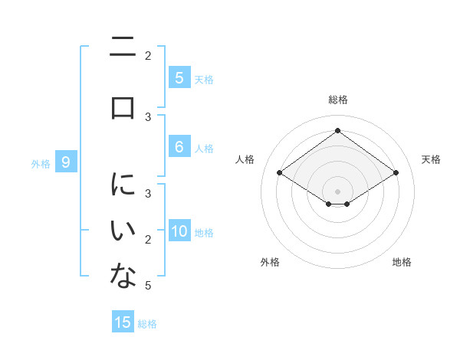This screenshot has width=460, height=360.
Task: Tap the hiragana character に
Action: coord(123,185)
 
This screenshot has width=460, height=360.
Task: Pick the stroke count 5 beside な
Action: coord(147,286)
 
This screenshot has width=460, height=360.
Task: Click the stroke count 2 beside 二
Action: coord(147,55)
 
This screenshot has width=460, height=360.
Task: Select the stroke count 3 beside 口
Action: coord(147,116)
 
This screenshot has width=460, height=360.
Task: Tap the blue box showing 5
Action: coord(179,77)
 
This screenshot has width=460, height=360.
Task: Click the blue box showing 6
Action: coord(179,147)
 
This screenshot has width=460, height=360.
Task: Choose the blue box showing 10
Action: coord(179,231)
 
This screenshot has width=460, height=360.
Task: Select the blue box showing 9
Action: coord(66,162)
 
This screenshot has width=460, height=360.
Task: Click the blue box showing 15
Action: coord(123,322)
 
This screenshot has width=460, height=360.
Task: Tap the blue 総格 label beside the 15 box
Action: coord(147,324)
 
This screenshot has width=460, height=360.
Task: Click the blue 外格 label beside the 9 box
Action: coord(41,163)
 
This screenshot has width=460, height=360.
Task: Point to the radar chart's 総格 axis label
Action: coord(337,100)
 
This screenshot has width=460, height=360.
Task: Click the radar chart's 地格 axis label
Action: coord(402,262)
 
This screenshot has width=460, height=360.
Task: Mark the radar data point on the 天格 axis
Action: coord(396,173)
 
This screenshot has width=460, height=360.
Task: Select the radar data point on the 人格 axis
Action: coord(280,173)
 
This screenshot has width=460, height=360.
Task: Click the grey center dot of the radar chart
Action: coord(337,191)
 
